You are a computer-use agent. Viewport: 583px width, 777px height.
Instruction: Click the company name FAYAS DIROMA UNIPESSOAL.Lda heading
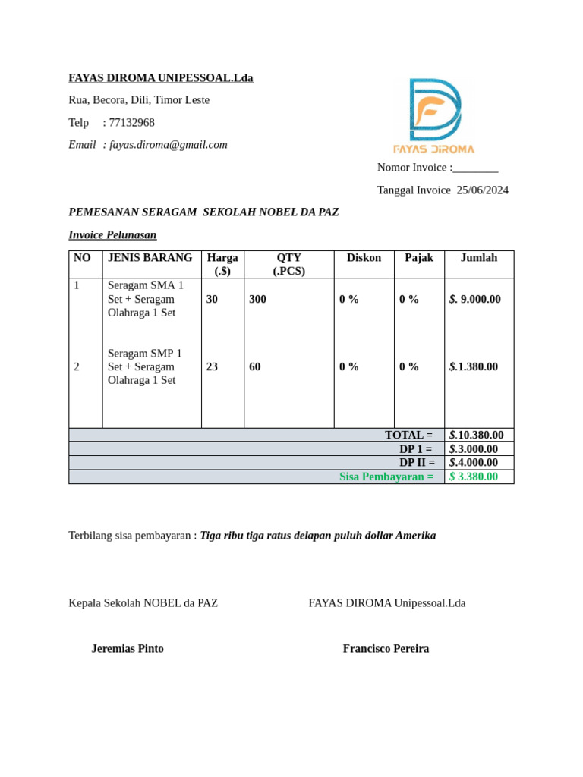pyautogui.click(x=161, y=78)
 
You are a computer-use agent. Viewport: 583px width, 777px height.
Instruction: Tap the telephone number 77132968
pyautogui.click(x=131, y=123)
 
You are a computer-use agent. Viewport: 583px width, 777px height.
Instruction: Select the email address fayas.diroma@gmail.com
pyautogui.click(x=169, y=145)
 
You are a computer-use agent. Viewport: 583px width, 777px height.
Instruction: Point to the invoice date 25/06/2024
pyautogui.click(x=482, y=190)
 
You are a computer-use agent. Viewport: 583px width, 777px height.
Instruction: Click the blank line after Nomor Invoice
pyautogui.click(x=475, y=168)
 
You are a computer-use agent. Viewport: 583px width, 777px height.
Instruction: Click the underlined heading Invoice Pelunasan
pyautogui.click(x=112, y=235)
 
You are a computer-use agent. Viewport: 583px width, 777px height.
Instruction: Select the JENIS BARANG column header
pyautogui.click(x=150, y=258)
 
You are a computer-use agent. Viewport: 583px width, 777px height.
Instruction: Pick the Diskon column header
pyautogui.click(x=364, y=258)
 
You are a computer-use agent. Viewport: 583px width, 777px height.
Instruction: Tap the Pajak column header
pyautogui.click(x=419, y=258)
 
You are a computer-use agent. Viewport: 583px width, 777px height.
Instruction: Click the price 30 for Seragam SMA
pyautogui.click(x=212, y=300)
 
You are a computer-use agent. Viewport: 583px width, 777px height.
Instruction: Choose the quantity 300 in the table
pyautogui.click(x=257, y=300)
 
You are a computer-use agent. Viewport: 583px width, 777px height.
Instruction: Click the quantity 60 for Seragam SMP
pyautogui.click(x=254, y=367)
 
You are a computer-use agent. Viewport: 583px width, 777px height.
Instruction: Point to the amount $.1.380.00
pyautogui.click(x=474, y=367)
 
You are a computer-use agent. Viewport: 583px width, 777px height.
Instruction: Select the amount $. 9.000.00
pyautogui.click(x=475, y=300)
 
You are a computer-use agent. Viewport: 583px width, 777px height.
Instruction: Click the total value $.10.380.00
pyautogui.click(x=477, y=436)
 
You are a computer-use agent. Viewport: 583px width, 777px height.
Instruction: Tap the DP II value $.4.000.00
pyautogui.click(x=474, y=463)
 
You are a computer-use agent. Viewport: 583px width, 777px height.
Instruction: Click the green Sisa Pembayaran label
pyautogui.click(x=386, y=477)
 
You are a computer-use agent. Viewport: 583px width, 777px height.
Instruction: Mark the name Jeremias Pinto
pyautogui.click(x=128, y=649)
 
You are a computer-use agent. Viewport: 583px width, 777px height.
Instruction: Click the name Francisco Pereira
pyautogui.click(x=386, y=649)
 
